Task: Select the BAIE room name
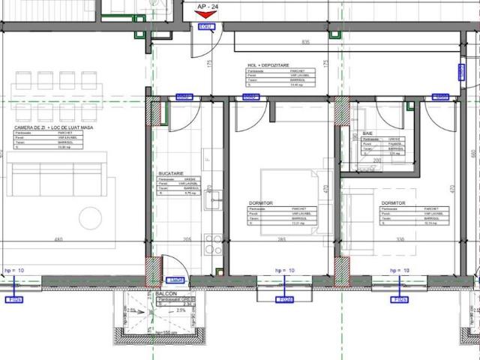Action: [367, 132]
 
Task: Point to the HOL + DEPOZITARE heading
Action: [271, 65]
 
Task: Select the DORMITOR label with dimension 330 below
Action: [393, 202]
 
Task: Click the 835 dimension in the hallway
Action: [305, 42]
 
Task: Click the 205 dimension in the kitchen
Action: [187, 240]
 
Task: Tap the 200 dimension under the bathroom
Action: [378, 160]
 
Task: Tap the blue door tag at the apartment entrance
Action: [205, 27]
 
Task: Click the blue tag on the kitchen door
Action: [183, 97]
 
